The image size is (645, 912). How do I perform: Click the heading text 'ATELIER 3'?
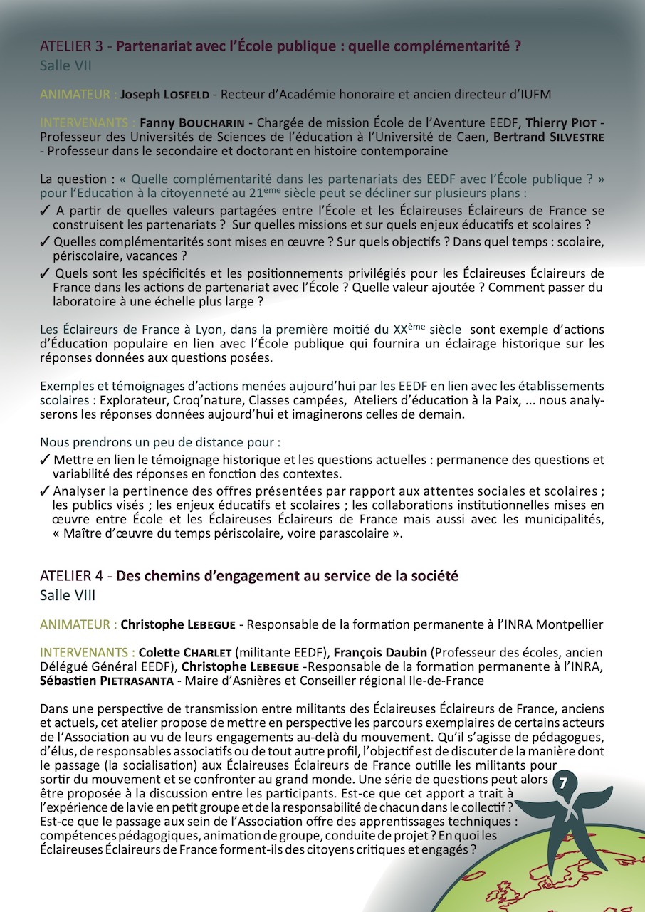coord(71,48)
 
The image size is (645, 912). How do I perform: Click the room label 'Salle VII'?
coord(65,66)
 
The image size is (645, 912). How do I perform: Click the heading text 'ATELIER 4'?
coord(71,576)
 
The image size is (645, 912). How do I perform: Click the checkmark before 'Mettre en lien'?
coord(45,460)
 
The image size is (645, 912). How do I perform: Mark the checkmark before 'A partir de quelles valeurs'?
coord(45,210)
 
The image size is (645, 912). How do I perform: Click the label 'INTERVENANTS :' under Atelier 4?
coord(87,652)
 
